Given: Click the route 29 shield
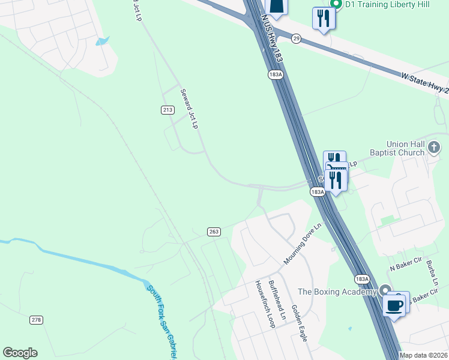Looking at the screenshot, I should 296,38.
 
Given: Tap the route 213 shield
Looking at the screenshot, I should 167,110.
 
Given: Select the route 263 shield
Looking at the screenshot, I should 214,232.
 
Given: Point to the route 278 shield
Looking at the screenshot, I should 36,320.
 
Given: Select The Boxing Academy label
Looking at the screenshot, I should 337,292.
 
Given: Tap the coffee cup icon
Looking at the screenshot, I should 394,305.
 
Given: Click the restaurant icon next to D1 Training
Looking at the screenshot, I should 324,17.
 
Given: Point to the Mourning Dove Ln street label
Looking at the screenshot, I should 303,244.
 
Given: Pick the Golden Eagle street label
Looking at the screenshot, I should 299,323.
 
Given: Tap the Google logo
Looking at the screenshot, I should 20,353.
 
